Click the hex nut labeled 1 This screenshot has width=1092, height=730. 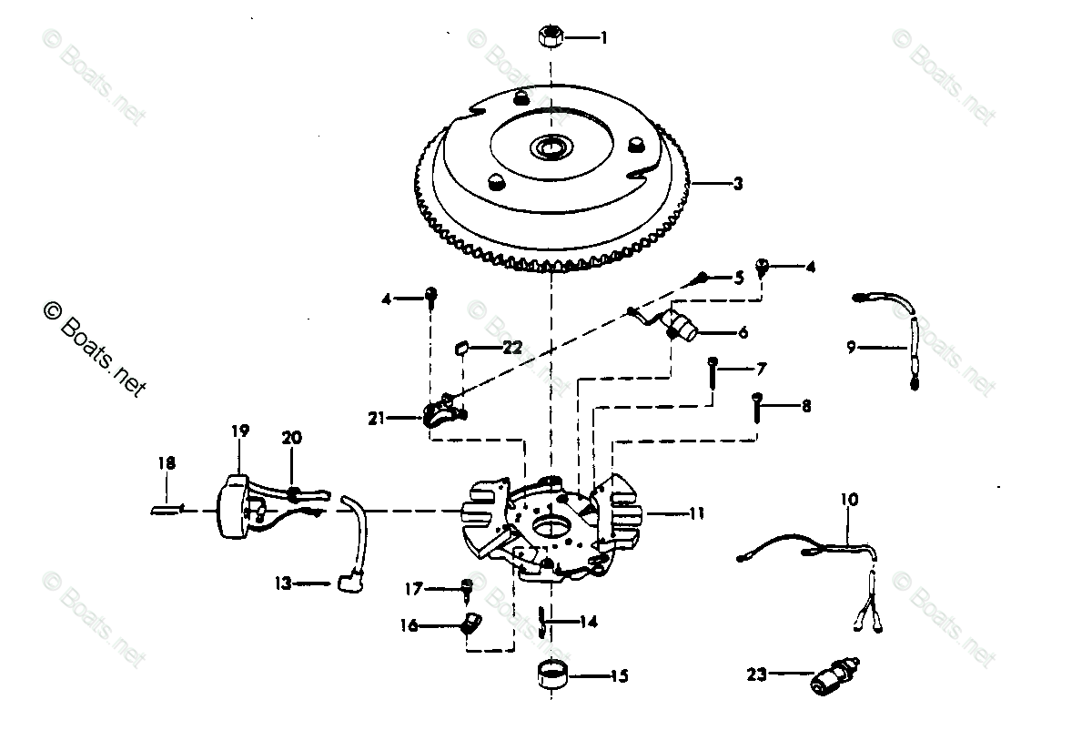(x=550, y=36)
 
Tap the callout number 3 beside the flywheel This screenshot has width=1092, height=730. (x=737, y=184)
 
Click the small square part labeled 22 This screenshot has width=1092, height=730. (x=462, y=347)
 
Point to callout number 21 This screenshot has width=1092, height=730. (x=377, y=419)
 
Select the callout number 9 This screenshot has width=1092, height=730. (x=852, y=347)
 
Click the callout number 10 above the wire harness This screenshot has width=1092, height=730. (x=849, y=500)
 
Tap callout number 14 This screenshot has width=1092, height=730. (x=589, y=624)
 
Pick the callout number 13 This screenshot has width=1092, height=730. (x=284, y=583)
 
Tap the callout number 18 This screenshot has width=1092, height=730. (x=166, y=463)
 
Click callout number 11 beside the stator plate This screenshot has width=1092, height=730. (x=696, y=513)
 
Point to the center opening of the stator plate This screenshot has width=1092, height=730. (x=551, y=527)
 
